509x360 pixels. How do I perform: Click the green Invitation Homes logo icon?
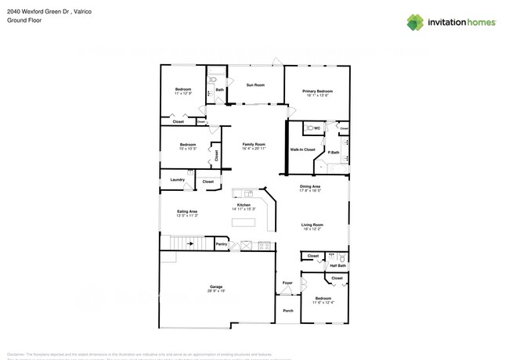click(x=416, y=23)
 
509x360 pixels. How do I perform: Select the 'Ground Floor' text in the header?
click(x=23, y=21)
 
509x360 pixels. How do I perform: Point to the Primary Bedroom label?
click(x=319, y=92)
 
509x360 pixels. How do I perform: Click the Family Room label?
click(x=254, y=145)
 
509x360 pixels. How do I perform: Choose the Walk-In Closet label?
click(x=302, y=149)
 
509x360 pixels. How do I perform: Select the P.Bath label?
click(x=333, y=152)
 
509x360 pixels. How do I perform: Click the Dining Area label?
click(x=311, y=187)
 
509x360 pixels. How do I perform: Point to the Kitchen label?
click(x=244, y=205)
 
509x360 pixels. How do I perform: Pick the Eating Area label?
click(x=186, y=211)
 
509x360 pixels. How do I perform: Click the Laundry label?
click(x=177, y=179)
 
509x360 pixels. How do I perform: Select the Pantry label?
click(x=222, y=244)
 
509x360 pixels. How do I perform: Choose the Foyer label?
click(x=287, y=283)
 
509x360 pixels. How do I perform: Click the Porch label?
click(x=288, y=310)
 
